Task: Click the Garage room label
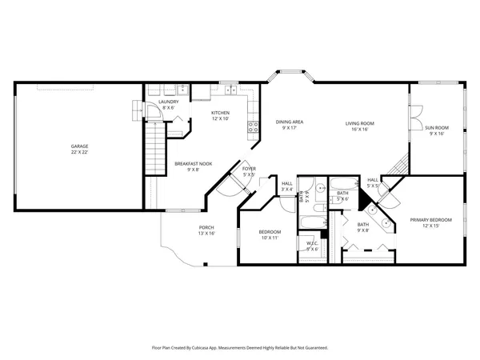click(79, 146)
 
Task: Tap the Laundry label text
click(168, 102)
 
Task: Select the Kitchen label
click(220, 113)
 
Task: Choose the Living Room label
click(360, 123)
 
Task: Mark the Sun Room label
click(436, 128)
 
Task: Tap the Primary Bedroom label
click(430, 220)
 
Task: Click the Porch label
click(206, 228)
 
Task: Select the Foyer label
click(250, 169)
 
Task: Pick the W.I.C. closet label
click(312, 244)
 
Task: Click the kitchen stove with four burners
click(253, 126)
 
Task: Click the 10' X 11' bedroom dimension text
click(269, 238)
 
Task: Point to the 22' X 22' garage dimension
click(79, 152)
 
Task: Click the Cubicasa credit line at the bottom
click(240, 348)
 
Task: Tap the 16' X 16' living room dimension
click(360, 129)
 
